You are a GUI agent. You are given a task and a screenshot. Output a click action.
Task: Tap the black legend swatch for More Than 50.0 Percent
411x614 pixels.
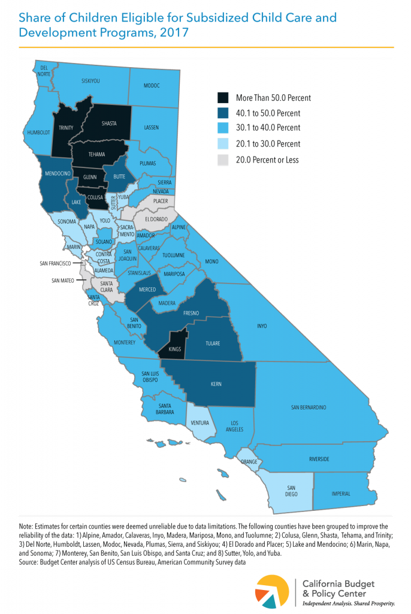223,98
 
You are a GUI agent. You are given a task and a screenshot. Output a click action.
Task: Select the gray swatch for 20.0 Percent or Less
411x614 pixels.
223,160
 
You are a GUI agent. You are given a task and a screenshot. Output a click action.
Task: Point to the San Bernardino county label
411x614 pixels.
309,407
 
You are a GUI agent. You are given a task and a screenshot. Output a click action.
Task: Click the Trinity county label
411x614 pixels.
65,127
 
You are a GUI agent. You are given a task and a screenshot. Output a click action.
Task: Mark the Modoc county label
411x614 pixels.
152,86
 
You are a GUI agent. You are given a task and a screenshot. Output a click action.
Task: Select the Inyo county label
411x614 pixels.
261,326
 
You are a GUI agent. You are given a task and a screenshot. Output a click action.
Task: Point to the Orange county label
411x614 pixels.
249,462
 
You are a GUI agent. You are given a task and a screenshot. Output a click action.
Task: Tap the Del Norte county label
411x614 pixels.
44,70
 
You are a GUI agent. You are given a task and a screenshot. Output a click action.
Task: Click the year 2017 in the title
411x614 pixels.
173,32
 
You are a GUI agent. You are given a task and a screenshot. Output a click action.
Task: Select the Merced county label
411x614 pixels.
147,289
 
